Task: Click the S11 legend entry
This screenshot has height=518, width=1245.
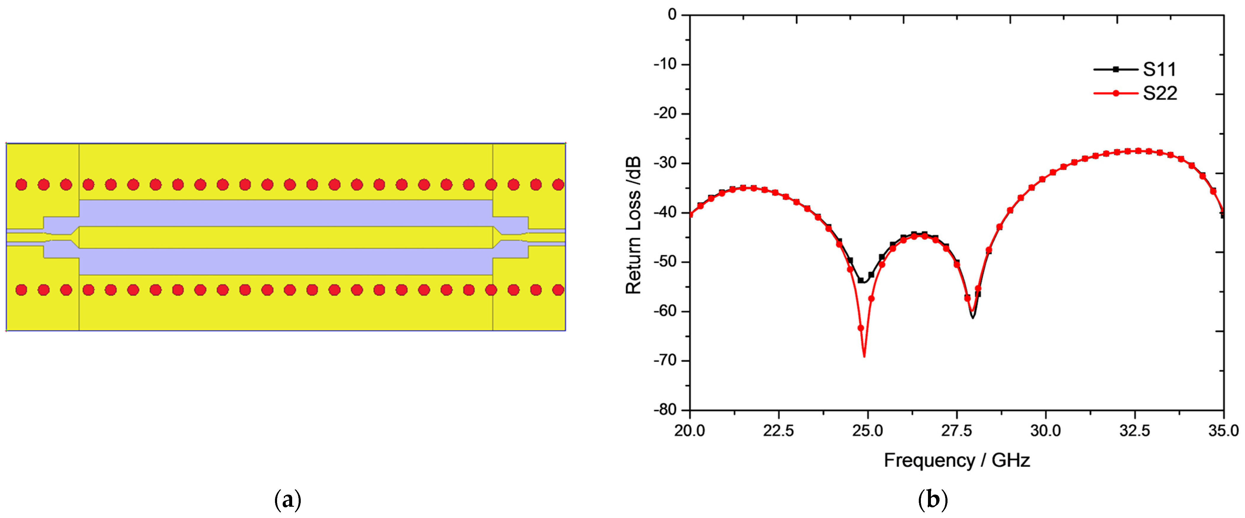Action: click(x=1159, y=70)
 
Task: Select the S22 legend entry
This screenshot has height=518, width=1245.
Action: click(x=1159, y=93)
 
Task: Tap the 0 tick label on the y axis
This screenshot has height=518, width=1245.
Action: click(x=672, y=15)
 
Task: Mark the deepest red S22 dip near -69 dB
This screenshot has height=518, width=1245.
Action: click(x=864, y=356)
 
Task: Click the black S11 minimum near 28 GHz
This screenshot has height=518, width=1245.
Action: click(x=972, y=317)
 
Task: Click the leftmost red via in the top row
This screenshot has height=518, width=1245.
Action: click(x=21, y=185)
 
